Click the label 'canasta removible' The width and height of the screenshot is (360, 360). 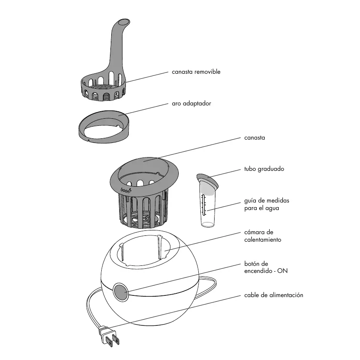click(196, 72)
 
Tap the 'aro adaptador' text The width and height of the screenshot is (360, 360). click(191, 103)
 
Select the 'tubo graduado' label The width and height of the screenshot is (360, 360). click(264, 169)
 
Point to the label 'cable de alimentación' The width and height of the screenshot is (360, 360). click(273, 295)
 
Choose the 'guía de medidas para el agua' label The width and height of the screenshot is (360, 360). click(266, 204)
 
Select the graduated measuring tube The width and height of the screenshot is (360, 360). click(207, 204)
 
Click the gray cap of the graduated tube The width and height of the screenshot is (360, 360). click(207, 180)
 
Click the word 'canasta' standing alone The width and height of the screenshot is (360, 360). click(254, 137)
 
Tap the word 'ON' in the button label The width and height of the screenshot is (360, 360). click(282, 271)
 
